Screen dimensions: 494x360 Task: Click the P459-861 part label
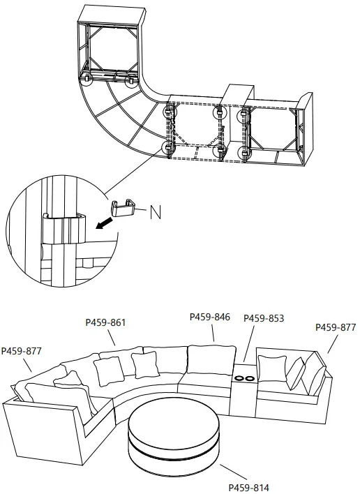coord(105,322)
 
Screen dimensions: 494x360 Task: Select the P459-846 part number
coord(210,317)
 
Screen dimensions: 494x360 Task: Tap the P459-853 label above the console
coord(264,318)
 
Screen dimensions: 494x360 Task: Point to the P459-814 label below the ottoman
coord(249,487)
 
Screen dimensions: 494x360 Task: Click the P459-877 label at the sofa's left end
coord(22,351)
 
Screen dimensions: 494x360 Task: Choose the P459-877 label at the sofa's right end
coord(336,327)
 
